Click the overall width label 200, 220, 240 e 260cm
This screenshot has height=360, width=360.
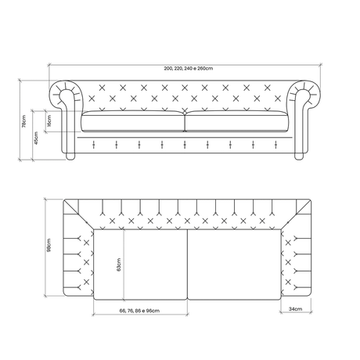coord(189,69)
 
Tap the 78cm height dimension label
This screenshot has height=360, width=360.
coord(23,121)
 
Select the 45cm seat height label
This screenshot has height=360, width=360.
coord(36,138)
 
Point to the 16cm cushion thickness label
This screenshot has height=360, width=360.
coord(49,121)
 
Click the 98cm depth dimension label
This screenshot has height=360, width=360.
coord(49,245)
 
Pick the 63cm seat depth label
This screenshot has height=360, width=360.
coord(119,265)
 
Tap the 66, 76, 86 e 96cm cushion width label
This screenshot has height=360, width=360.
coord(139,311)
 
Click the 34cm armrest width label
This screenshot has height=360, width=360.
coord(296,309)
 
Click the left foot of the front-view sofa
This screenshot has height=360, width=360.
coord(70,157)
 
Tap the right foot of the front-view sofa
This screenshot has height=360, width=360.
coord(299,157)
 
